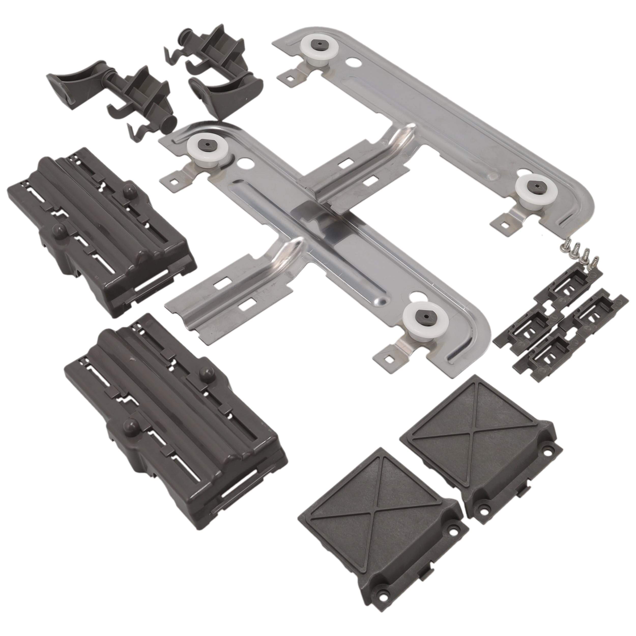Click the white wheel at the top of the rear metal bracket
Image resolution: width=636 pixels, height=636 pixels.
(311, 54)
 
